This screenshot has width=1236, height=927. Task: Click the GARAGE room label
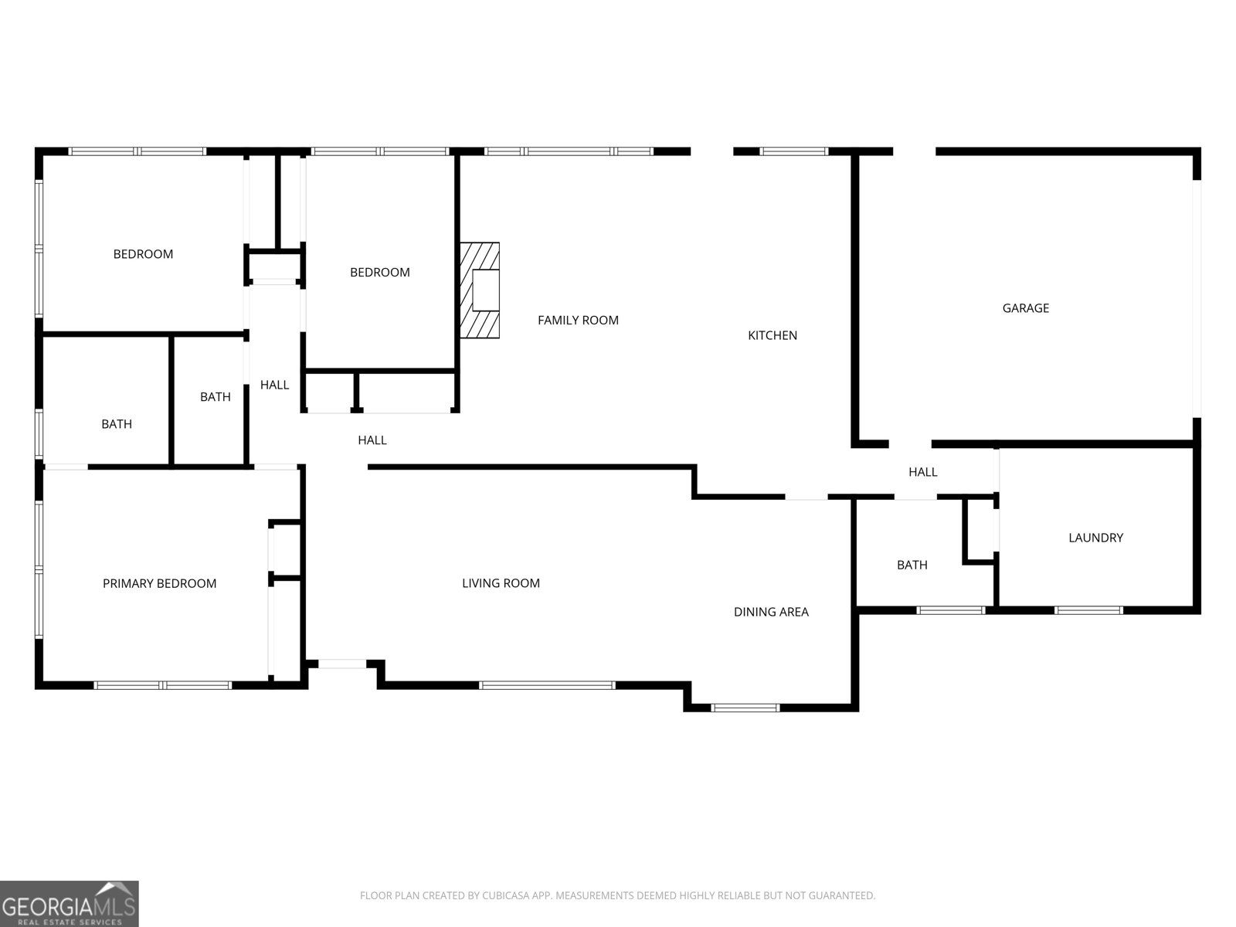click(1025, 308)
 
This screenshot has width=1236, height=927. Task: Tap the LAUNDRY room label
click(1095, 538)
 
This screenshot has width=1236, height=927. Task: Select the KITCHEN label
click(772, 335)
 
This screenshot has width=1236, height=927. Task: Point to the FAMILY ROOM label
click(578, 320)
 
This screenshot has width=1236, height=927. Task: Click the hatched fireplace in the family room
click(480, 290)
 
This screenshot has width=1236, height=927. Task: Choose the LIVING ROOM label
click(501, 583)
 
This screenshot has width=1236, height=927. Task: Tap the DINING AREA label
click(771, 612)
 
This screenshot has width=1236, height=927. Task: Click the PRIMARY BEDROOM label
click(159, 583)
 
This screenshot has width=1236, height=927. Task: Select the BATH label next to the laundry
click(912, 565)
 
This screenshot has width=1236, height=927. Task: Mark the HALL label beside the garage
click(922, 472)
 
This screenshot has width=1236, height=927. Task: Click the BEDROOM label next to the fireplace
click(379, 272)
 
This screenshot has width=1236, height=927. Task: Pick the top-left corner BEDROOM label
click(143, 254)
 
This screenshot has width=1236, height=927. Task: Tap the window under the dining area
click(745, 707)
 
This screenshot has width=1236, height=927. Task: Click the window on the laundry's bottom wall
click(1088, 610)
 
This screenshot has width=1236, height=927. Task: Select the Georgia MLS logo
click(69, 904)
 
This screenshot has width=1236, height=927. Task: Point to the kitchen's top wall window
click(794, 151)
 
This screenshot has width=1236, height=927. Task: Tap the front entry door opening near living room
click(342, 663)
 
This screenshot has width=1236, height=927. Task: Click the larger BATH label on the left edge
click(117, 424)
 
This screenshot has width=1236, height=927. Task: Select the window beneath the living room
click(547, 685)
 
